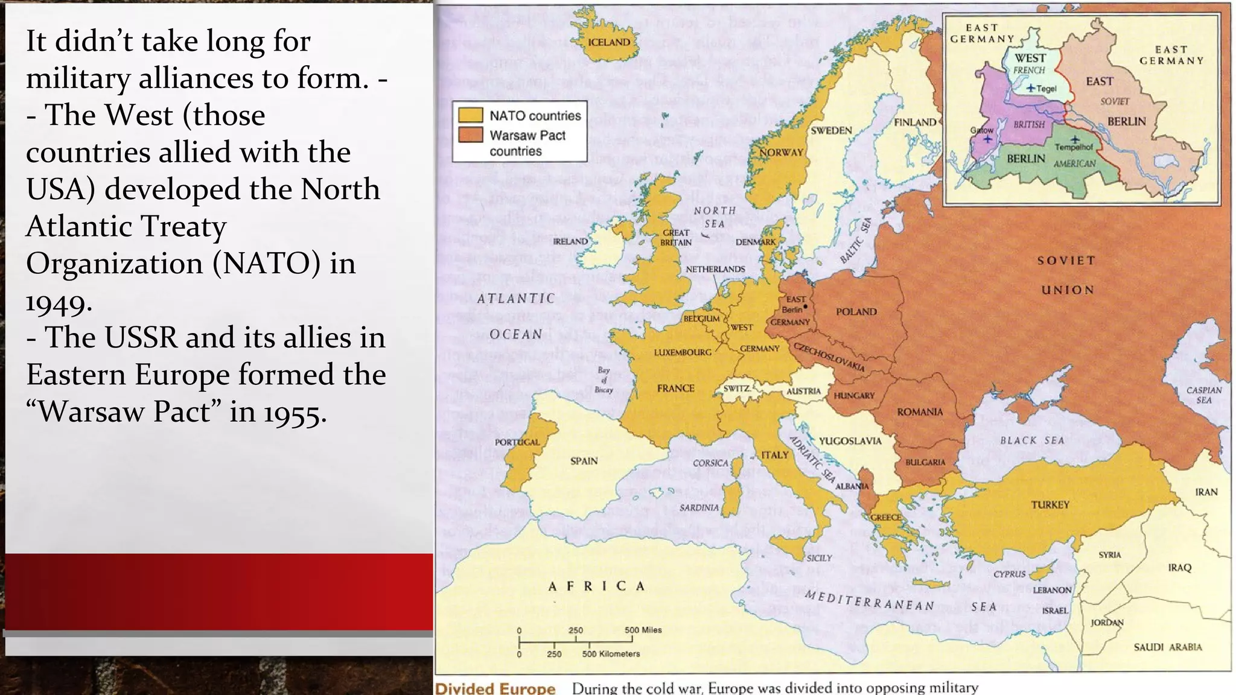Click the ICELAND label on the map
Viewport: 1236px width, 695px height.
[609, 42]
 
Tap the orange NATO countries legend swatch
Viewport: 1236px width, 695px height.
[470, 115]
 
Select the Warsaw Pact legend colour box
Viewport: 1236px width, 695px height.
[470, 135]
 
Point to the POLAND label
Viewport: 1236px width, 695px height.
[856, 311]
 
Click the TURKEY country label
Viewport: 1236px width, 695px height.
[1050, 504]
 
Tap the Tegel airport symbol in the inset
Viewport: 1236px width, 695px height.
[1031, 88]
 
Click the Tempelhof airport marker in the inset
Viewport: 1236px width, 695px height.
[1075, 139]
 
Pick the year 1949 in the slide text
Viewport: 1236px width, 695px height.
[59, 301]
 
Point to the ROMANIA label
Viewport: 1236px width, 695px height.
[919, 412]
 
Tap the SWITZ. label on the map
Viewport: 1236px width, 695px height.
[737, 389]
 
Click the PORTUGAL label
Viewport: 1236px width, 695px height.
[517, 442]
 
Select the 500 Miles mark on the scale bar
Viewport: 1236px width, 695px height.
[643, 630]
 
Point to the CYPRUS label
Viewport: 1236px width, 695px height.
[1009, 574]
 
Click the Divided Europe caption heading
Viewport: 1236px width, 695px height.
[495, 688]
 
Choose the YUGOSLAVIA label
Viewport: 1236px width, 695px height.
[850, 441]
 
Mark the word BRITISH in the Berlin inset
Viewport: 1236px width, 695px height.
[1028, 124]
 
